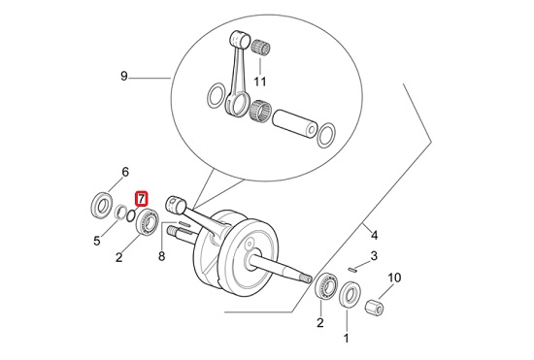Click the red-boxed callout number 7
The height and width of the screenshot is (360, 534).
[141, 199]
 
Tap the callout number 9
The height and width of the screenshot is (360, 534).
[124, 76]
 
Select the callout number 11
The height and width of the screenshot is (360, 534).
[260, 82]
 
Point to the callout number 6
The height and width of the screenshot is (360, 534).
[125, 172]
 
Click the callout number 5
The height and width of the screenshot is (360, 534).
[97, 241]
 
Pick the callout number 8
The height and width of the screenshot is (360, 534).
[162, 256]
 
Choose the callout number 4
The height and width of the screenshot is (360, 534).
[374, 235]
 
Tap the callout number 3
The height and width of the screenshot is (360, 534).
[374, 255]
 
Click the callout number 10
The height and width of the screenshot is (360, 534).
[394, 278]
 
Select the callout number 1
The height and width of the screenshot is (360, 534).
[346, 339]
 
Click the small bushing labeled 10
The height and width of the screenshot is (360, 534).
[374, 308]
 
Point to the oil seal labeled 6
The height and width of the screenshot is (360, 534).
[102, 206]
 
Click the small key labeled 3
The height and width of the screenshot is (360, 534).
[352, 270]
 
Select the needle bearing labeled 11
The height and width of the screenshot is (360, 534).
[261, 47]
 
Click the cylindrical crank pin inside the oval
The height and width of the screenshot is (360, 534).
[294, 123]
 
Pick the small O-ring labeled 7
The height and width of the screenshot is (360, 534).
[130, 215]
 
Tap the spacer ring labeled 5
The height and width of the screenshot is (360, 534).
[119, 213]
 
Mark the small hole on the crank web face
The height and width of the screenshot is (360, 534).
[250, 245]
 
